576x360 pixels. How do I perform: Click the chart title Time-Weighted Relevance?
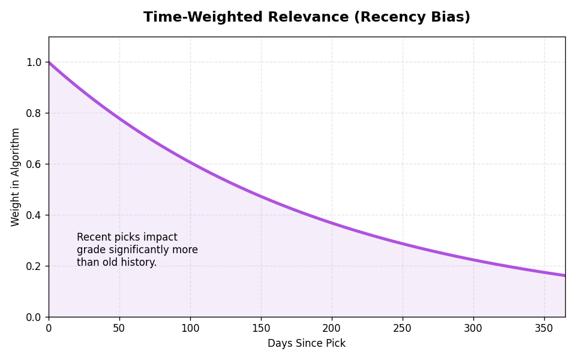(x=307, y=17)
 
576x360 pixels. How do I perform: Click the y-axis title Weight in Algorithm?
(x=16, y=177)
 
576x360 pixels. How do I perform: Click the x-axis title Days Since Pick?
(x=307, y=344)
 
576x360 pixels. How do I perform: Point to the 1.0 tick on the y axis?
(x=34, y=62)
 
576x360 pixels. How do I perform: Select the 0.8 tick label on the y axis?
(x=34, y=113)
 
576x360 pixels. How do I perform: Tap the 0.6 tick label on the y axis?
(x=34, y=164)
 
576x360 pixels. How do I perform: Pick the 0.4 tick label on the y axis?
(x=34, y=215)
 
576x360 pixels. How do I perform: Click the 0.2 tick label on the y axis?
(x=34, y=266)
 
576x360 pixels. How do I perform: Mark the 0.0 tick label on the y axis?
(x=34, y=317)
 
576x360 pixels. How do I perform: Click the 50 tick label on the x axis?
(x=119, y=328)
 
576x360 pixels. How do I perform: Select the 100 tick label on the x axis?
(x=190, y=328)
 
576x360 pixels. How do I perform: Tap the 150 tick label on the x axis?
(x=261, y=328)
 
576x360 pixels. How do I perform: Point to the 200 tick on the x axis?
(x=332, y=328)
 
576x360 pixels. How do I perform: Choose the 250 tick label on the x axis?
(x=403, y=328)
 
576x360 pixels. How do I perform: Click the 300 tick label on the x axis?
(x=473, y=328)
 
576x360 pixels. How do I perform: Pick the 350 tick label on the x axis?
(x=544, y=328)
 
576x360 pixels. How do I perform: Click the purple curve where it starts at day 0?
(x=50, y=63)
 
